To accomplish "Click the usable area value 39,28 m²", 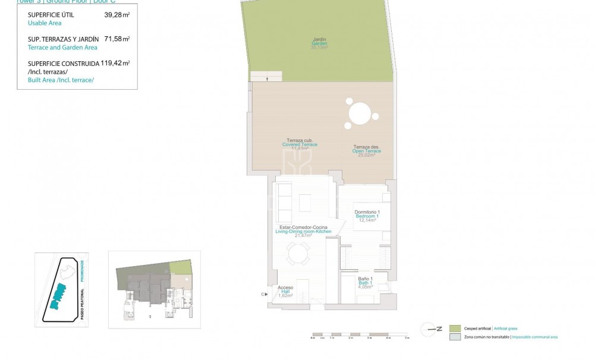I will pyautogui.click(x=117, y=15).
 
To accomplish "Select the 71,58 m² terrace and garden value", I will pyautogui.click(x=117, y=39).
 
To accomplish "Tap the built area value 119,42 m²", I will pyautogui.click(x=115, y=63).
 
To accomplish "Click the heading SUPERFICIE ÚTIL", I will pyautogui.click(x=51, y=15).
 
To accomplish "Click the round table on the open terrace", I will pyautogui.click(x=360, y=112).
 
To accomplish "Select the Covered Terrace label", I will pyautogui.click(x=300, y=144).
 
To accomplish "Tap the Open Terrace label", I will pyautogui.click(x=366, y=151).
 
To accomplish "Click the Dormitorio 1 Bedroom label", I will pyautogui.click(x=367, y=216).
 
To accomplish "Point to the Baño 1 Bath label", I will pyautogui.click(x=366, y=282).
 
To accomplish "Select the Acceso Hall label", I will pyautogui.click(x=285, y=291).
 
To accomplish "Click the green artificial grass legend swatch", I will pyautogui.click(x=455, y=329).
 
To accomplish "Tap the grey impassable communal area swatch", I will pyautogui.click(x=455, y=337).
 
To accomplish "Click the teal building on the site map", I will pyautogui.click(x=58, y=294).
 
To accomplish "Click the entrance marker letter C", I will pyautogui.click(x=262, y=294).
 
